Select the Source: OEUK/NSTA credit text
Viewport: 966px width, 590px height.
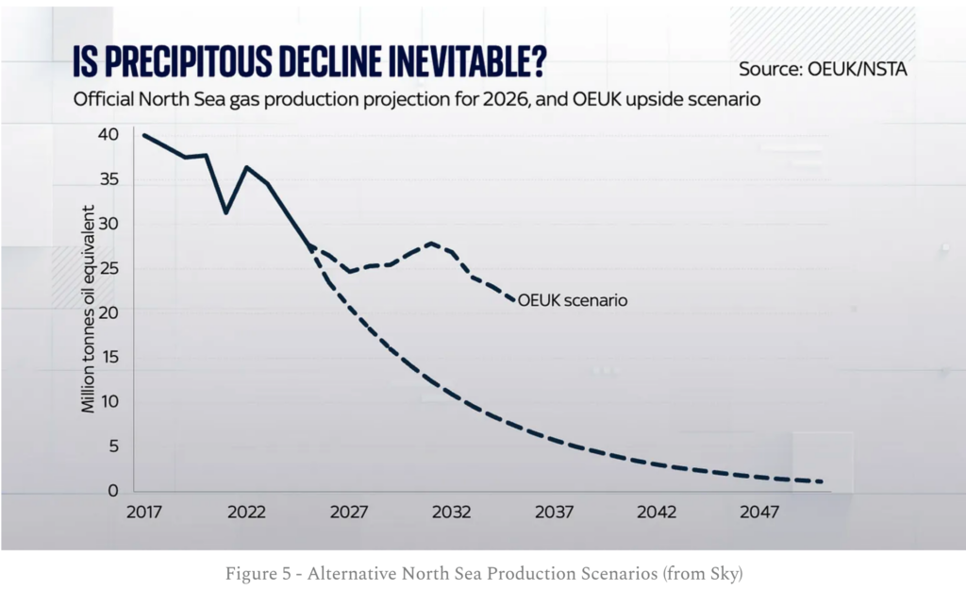[x=822, y=69]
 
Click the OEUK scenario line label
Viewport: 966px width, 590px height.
[x=573, y=301]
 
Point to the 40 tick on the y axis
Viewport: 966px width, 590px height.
[x=108, y=135]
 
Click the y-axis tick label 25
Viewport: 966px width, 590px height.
[x=108, y=269]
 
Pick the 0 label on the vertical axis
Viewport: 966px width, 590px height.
[x=113, y=491]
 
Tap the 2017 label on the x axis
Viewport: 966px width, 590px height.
[x=143, y=513]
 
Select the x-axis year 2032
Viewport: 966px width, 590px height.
[x=452, y=513]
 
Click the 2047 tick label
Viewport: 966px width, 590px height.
[x=759, y=513]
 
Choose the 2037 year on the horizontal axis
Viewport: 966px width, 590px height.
[x=555, y=513]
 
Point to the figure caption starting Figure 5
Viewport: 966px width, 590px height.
[x=482, y=573]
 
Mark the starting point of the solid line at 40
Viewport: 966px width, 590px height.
[x=143, y=135]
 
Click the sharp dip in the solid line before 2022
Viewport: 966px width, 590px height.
[x=225, y=212]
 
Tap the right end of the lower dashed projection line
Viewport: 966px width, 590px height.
[x=823, y=481]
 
